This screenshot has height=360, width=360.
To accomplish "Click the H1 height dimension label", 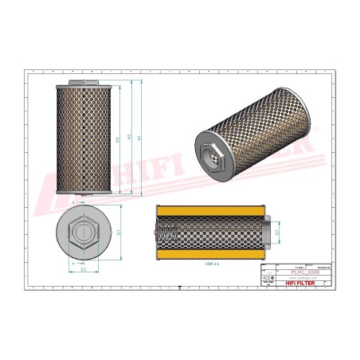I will [140, 138].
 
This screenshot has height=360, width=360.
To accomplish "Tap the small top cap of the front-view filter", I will [84, 81].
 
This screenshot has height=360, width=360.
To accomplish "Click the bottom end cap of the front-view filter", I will [84, 193].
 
